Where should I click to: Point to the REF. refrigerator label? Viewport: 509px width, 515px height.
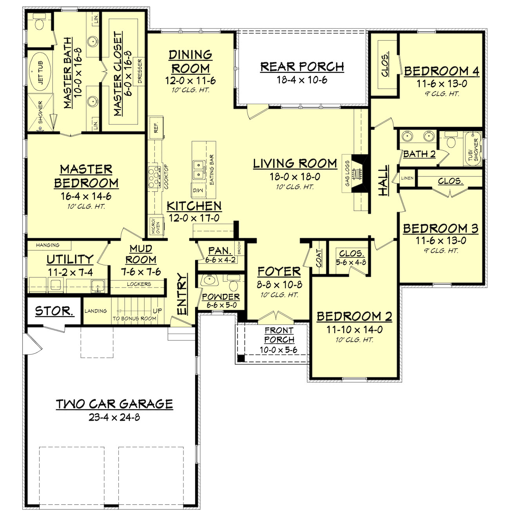click(x=156, y=128)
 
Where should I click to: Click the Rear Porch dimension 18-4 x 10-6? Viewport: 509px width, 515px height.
click(x=302, y=80)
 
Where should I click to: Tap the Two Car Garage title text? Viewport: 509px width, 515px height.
click(x=114, y=404)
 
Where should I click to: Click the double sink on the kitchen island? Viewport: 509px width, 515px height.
click(x=199, y=169)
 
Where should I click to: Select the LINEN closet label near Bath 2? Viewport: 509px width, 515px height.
click(x=407, y=178)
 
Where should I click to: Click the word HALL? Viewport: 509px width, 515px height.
click(x=384, y=180)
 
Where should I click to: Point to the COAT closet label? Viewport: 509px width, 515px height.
click(x=319, y=258)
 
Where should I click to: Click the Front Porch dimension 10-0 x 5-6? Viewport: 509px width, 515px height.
click(x=279, y=350)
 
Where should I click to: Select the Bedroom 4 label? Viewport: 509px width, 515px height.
click(x=441, y=71)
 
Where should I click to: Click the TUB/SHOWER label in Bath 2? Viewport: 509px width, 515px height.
click(x=473, y=149)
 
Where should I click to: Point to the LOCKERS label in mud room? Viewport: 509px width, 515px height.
click(x=139, y=284)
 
